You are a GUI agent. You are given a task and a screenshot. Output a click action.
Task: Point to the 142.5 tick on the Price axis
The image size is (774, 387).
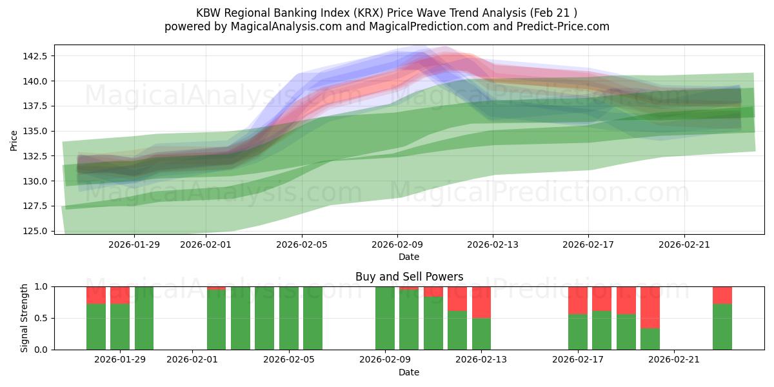point(36,56)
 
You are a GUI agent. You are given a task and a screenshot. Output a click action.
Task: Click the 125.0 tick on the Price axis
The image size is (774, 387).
point(36,231)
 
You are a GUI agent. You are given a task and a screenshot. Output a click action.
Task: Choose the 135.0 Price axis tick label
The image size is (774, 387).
point(36,131)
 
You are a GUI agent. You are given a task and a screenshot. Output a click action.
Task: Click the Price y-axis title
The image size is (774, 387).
point(14,139)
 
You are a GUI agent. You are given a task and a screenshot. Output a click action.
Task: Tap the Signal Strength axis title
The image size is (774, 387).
point(25,317)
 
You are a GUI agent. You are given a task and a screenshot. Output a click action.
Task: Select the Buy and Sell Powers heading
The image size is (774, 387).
point(409,277)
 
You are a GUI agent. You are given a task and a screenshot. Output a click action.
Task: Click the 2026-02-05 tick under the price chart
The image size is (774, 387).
point(303,244)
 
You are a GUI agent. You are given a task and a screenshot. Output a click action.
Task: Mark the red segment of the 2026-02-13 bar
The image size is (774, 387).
point(481,302)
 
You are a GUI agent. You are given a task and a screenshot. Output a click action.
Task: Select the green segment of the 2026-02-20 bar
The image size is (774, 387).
point(650,339)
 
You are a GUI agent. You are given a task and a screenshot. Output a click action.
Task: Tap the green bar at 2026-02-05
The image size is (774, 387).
point(289,318)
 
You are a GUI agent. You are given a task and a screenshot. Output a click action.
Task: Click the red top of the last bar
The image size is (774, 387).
point(722,295)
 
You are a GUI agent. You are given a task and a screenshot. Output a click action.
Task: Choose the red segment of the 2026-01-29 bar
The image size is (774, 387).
point(120,295)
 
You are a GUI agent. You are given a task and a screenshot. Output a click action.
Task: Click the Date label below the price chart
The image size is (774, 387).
point(409,257)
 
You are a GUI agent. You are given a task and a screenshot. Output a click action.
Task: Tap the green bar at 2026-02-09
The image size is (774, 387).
point(385,318)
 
